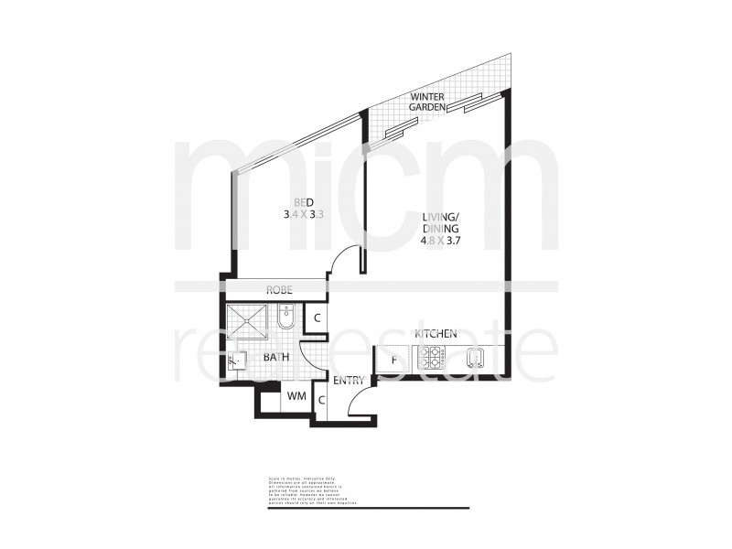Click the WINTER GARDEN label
[x=427, y=102]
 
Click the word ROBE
[x=278, y=290]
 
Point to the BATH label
[x=277, y=356]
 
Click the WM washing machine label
[x=296, y=396]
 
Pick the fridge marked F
[x=394, y=359]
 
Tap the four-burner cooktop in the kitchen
[x=430, y=359]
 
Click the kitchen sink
[x=475, y=359]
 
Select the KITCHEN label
[x=436, y=334]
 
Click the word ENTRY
[x=349, y=380]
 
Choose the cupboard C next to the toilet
[x=315, y=319]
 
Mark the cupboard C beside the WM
[x=321, y=399]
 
